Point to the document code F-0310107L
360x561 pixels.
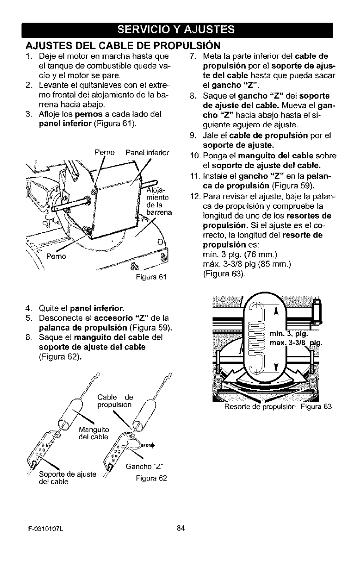tap(41, 541)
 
